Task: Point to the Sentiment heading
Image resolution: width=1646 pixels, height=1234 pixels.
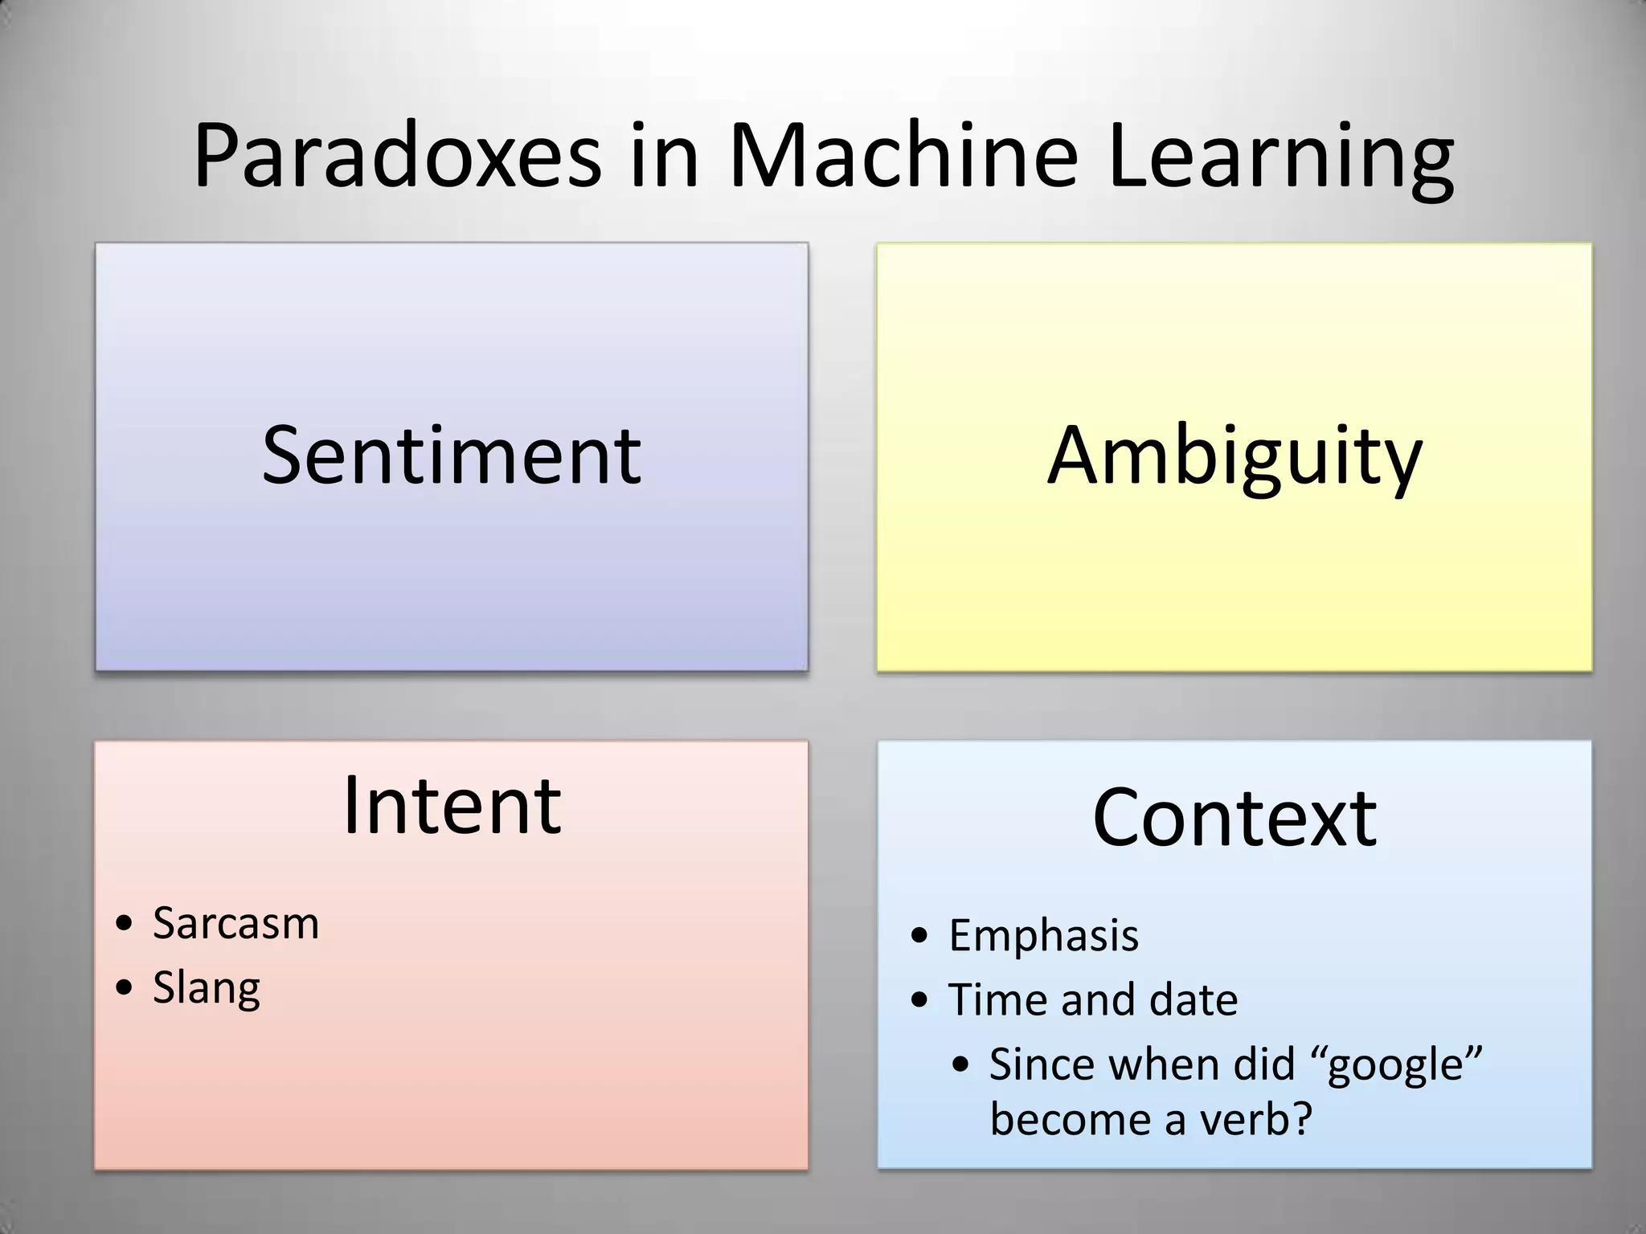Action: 452,456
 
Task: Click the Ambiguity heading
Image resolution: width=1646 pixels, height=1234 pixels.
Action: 1234,456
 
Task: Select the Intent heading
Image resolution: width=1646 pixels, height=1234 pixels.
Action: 452,806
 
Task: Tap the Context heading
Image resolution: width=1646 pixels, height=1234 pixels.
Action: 1234,817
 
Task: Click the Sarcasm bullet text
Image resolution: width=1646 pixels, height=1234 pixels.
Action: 235,922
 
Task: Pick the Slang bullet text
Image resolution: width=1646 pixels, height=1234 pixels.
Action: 207,987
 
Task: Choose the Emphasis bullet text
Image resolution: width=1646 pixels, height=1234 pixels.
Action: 1043,935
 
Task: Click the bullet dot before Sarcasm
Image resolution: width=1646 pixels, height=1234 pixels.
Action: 124,924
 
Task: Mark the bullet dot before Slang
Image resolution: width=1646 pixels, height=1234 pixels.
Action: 124,988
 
